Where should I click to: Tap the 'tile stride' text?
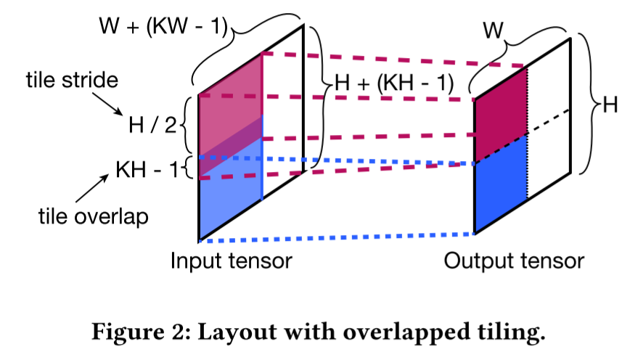click(70, 80)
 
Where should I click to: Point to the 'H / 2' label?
click(152, 125)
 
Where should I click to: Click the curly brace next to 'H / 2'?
click(184, 126)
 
